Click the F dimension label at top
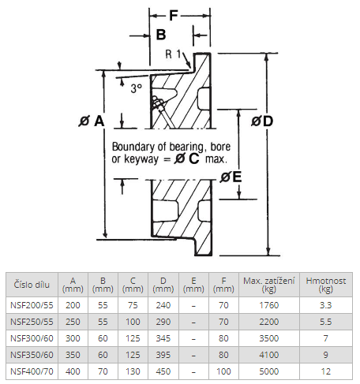pyautogui.click(x=174, y=15)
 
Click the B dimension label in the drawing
pyautogui.click(x=161, y=35)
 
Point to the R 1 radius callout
pyautogui.click(x=174, y=54)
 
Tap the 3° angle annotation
pyautogui.click(x=137, y=88)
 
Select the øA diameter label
pyautogui.click(x=91, y=121)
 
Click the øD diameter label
pyautogui.click(x=262, y=121)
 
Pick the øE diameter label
pyautogui.click(x=231, y=177)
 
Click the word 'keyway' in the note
pyautogui.click(x=141, y=159)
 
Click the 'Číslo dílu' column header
pyautogui.click(x=32, y=285)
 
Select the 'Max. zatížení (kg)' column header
pyautogui.click(x=269, y=285)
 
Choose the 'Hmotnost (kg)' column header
pyautogui.click(x=326, y=285)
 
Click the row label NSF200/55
pyautogui.click(x=32, y=305)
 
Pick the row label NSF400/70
pyautogui.click(x=32, y=371)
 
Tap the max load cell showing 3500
pyautogui.click(x=269, y=338)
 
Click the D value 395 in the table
pyautogui.click(x=163, y=355)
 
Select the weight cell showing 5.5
pyautogui.click(x=326, y=322)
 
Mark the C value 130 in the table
pyautogui.click(x=133, y=371)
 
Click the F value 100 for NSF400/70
pyautogui.click(x=223, y=371)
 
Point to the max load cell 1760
pyautogui.click(x=269, y=305)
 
